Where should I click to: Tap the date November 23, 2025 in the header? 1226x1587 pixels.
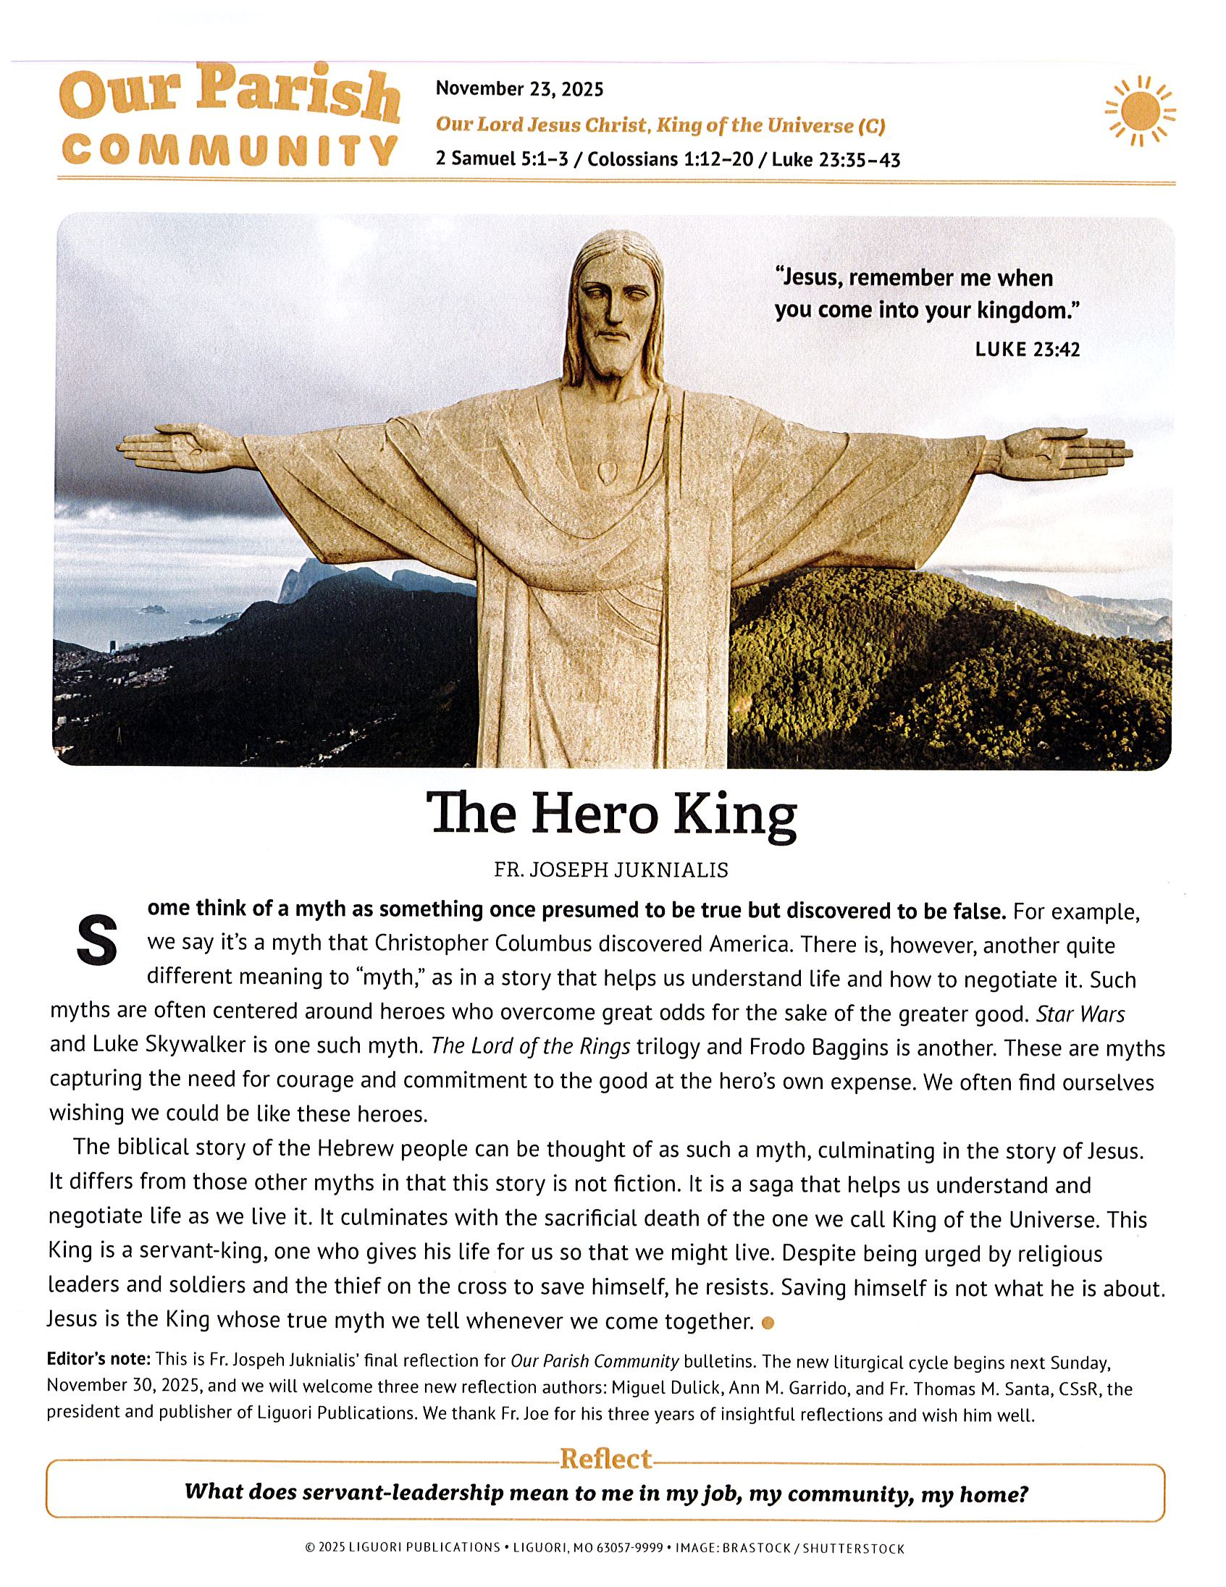pyautogui.click(x=519, y=89)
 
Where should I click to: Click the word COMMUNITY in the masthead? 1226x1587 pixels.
pyautogui.click(x=229, y=151)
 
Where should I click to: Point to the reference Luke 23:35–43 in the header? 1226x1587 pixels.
pyautogui.click(x=836, y=159)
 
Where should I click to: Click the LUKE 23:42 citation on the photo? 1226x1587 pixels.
pyautogui.click(x=1027, y=350)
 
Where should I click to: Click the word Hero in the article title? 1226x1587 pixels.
pyautogui.click(x=592, y=815)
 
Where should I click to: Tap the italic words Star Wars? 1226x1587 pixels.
pyautogui.click(x=1080, y=1014)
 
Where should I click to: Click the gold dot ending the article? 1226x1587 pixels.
pyautogui.click(x=767, y=1323)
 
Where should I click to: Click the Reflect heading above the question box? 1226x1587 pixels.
pyautogui.click(x=605, y=1458)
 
